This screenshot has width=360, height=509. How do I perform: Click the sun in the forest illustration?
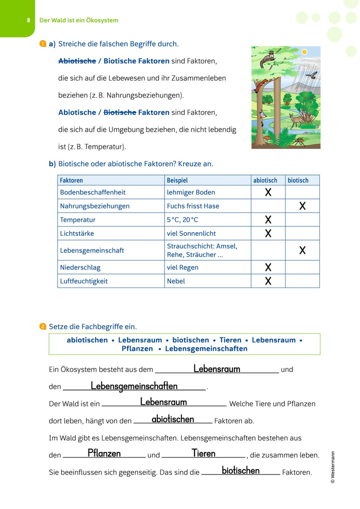click(304, 52)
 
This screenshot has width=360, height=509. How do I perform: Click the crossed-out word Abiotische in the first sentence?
click(77, 61)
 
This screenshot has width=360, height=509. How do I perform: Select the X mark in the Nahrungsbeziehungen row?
click(302, 205)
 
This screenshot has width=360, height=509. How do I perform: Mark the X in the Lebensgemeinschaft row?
click(302, 250)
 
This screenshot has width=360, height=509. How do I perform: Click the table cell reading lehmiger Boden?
click(191, 192)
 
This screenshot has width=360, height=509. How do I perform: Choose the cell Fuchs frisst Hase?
click(193, 206)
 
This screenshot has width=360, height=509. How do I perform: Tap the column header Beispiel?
click(177, 180)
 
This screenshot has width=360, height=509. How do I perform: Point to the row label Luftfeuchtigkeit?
click(84, 281)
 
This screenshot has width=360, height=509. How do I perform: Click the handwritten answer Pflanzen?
click(104, 453)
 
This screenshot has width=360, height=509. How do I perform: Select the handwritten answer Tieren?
click(203, 453)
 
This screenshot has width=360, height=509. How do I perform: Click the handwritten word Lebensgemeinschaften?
click(134, 386)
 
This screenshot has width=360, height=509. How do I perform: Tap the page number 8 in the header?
click(28, 20)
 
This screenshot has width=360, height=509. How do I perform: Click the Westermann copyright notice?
click(333, 467)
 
